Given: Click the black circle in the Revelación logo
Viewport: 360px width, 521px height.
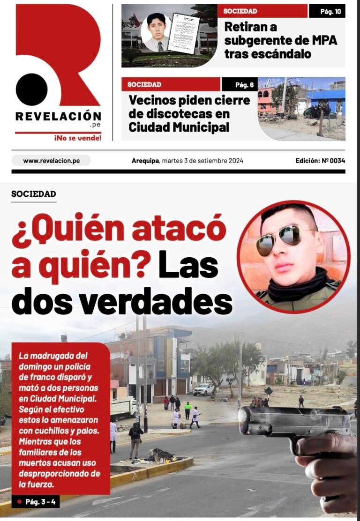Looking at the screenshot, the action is click(32, 89).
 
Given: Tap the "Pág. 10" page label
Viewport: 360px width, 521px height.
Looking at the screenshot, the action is click(327, 11).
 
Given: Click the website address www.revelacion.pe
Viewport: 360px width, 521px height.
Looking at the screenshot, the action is click(51, 161).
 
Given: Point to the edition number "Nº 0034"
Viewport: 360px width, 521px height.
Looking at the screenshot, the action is click(333, 161).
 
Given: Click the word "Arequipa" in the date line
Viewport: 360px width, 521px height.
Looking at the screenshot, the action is click(145, 161).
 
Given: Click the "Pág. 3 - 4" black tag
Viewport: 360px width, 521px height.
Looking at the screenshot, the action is click(36, 502).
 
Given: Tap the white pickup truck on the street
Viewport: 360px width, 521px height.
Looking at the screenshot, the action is click(204, 389).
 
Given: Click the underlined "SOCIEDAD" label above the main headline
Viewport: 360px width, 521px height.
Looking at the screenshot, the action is click(34, 194).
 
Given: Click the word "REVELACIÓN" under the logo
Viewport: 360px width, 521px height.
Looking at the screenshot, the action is click(58, 116).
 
